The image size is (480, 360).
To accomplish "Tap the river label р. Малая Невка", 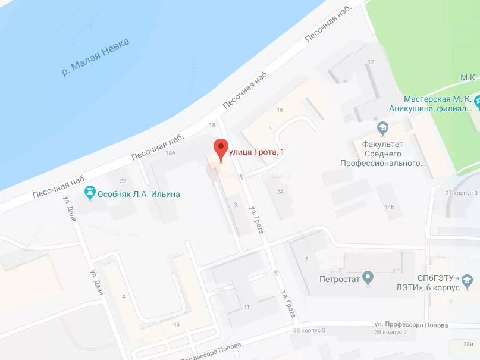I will tap(96, 57).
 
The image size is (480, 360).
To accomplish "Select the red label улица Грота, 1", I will tap(256, 153).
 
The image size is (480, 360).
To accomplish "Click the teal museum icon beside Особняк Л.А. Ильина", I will tap(90, 193).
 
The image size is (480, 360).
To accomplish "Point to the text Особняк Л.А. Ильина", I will tap(140, 194).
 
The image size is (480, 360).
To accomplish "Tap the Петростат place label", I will tap(340, 278).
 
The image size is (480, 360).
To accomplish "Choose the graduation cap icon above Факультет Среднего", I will tap(383, 127).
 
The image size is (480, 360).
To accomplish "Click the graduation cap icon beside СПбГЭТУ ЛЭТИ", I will tap(469, 279).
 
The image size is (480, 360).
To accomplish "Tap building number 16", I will tap(280, 110).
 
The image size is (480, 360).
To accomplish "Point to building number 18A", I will tap(171, 154).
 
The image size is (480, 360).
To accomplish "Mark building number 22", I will tap(123, 181).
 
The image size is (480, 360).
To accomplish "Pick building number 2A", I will tap(280, 192).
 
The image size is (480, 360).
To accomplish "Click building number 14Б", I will tap(389, 207).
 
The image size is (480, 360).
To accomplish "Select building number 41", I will tap(246, 307).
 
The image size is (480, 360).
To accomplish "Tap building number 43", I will tap(176, 324).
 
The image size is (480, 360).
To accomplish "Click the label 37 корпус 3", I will tap(462, 193).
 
